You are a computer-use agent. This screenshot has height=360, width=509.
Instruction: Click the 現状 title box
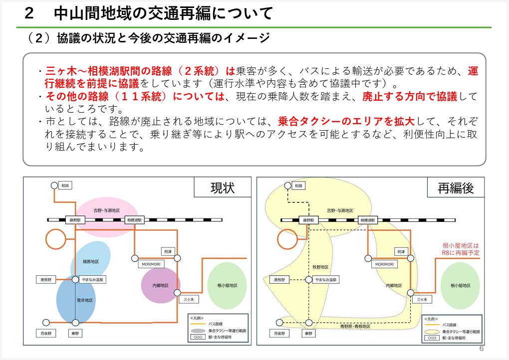223,187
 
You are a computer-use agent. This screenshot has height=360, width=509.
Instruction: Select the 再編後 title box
456,187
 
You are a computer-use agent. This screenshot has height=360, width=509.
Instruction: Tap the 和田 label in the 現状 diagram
65,185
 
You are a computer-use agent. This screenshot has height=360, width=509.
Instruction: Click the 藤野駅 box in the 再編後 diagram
309,220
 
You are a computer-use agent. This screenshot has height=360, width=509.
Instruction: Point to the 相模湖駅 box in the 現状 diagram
134,220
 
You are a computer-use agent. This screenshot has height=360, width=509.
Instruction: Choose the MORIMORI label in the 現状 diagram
151,264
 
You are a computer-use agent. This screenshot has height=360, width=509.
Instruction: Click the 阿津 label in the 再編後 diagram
401,252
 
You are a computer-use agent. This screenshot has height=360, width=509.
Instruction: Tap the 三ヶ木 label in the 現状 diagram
189,299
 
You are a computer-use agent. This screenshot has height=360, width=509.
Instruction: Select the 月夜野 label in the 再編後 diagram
279,334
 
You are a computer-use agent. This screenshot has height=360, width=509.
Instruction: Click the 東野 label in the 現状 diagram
75,334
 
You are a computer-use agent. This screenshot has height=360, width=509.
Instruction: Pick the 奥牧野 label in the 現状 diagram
46,280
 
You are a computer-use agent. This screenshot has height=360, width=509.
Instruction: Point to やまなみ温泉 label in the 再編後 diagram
326,280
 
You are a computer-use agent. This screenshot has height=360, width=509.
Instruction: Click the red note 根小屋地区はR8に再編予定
461,249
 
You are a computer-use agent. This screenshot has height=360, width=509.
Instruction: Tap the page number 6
482,349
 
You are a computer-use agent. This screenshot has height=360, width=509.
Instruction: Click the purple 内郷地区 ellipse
160,285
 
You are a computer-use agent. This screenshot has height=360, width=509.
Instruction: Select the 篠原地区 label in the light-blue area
91,262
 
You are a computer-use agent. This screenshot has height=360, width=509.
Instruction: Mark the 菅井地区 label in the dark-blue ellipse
85,300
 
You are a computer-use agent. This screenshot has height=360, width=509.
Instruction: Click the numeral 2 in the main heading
29,13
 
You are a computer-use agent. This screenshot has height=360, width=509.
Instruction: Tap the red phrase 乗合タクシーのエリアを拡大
346,121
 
